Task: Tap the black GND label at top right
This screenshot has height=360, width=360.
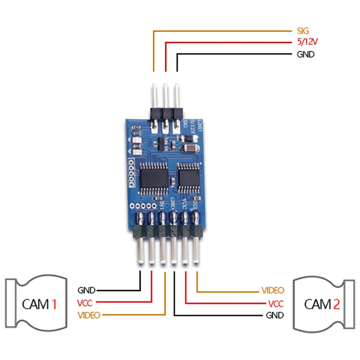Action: click(x=305, y=55)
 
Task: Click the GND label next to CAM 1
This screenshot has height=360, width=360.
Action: click(x=86, y=290)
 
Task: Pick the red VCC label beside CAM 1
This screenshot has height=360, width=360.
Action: click(x=86, y=302)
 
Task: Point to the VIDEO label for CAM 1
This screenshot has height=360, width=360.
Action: click(x=89, y=315)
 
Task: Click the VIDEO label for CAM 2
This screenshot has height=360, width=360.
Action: click(x=273, y=290)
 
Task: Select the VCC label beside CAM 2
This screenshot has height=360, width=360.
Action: click(x=276, y=303)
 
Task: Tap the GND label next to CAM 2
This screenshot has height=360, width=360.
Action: click(x=275, y=315)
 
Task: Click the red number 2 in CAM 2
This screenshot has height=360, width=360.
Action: click(x=336, y=304)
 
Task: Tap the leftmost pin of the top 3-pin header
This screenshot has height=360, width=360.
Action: click(x=154, y=95)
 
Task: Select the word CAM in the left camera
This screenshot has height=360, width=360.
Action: click(x=35, y=304)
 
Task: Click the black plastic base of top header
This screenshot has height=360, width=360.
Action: click(x=165, y=113)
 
